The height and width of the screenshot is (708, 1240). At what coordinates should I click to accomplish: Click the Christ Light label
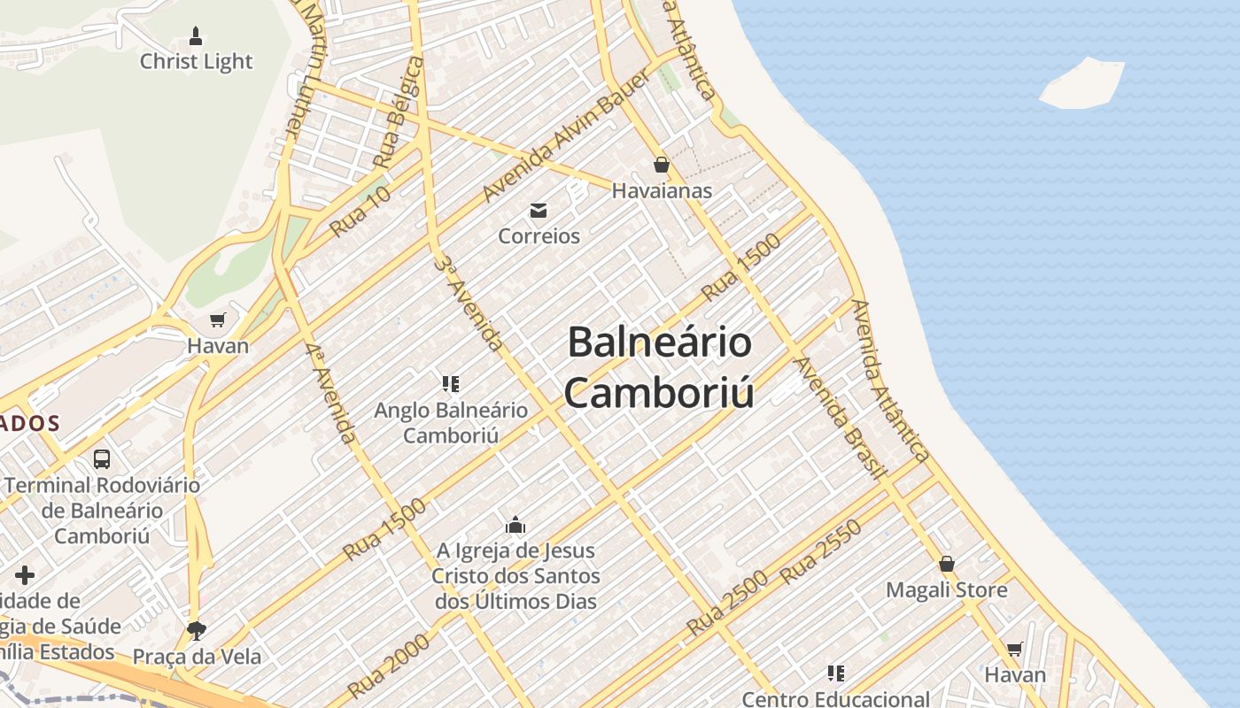pos(196,61)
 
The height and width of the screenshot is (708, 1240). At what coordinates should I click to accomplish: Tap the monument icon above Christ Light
pos(196,36)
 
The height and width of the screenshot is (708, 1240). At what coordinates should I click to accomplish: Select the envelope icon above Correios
pos(539,211)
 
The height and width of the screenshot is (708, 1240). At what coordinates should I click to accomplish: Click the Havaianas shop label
pos(662,190)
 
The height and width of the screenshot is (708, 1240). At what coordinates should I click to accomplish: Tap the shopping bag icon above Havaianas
pos(661,165)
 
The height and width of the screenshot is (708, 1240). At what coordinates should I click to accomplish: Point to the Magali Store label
pos(947,589)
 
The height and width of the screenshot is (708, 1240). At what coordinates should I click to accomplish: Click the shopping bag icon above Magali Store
pos(947,564)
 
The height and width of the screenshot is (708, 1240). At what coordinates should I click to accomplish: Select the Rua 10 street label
pos(360,212)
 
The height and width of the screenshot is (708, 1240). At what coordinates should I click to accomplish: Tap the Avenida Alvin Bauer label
pos(567,135)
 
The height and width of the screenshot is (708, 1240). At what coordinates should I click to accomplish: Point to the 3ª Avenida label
pos(469,303)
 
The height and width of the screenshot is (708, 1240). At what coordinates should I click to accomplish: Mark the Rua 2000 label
pos(389,666)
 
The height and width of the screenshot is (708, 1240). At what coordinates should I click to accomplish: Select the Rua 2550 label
pos(820,551)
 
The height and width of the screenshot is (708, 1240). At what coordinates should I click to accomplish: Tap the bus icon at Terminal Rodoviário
pos(102,459)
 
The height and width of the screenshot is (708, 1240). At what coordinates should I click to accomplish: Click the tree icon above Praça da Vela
pos(197,630)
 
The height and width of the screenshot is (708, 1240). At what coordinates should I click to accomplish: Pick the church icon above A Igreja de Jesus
pos(515,525)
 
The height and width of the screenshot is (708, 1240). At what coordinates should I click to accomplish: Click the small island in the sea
pos(1081,84)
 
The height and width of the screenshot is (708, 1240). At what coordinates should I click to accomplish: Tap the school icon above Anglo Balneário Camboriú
pos(451,384)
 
